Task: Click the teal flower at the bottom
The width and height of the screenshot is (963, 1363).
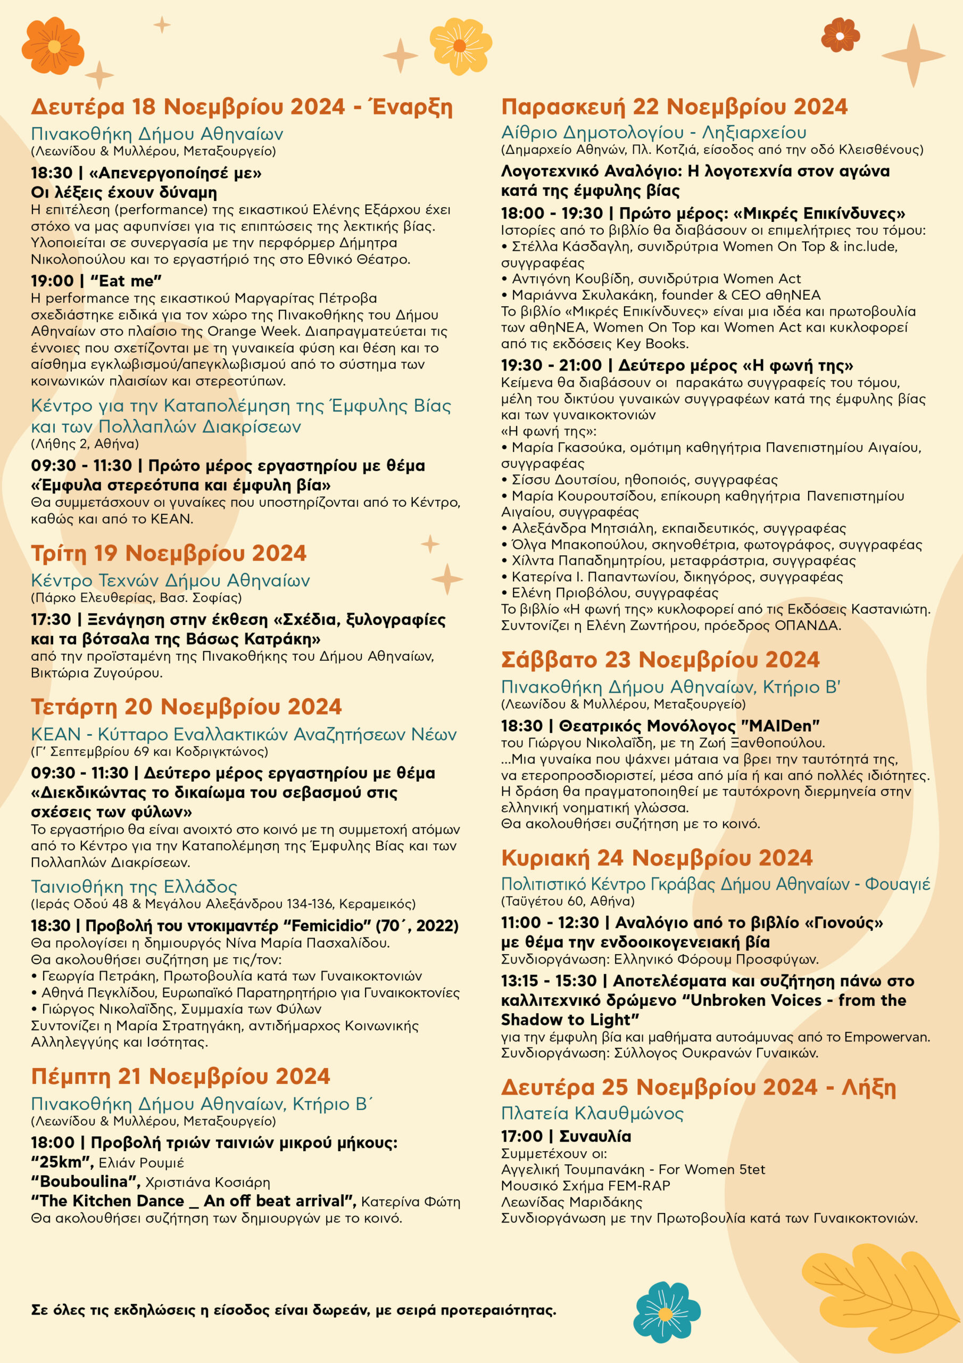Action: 666,1311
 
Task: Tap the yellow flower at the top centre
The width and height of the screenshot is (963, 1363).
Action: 460,46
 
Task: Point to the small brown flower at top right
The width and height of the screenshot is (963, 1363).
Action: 840,35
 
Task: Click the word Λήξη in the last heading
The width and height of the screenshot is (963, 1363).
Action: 869,1087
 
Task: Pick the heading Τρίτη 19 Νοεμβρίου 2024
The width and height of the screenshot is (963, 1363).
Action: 169,553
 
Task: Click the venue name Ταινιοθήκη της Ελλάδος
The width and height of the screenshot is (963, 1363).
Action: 134,887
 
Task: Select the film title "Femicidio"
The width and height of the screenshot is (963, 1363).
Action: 328,926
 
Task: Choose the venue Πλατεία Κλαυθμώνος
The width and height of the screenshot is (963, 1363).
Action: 592,1113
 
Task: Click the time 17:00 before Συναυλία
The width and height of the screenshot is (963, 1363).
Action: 521,1136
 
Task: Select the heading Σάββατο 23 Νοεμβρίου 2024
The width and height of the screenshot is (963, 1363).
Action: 660,660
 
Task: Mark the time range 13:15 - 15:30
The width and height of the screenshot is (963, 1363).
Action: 548,981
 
